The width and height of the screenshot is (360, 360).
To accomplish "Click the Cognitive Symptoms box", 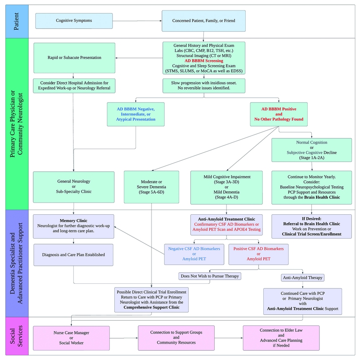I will click(74, 21).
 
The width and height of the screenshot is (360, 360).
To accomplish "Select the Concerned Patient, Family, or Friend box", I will click(203, 21).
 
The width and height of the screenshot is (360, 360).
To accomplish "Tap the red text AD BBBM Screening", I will click(203, 61).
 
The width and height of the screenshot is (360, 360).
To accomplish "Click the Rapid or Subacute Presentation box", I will click(74, 58).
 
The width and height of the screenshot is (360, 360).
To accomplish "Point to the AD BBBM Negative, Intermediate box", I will click(136, 114).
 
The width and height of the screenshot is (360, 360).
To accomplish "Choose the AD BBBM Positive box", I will click(279, 114).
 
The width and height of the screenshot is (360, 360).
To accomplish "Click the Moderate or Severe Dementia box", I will click(152, 187).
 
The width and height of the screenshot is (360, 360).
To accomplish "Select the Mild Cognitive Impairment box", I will click(226, 187).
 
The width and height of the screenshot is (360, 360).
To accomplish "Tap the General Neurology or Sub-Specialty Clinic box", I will click(74, 187).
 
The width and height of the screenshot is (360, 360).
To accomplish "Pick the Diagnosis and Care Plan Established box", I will click(74, 255).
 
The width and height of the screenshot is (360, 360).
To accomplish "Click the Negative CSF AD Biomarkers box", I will click(194, 254).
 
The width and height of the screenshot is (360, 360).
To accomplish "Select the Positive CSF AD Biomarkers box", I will click(258, 254).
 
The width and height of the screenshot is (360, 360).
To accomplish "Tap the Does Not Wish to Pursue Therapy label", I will click(210, 276).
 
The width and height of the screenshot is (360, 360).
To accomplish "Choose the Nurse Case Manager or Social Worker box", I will click(71, 338).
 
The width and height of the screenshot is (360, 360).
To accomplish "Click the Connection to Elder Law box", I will click(281, 338).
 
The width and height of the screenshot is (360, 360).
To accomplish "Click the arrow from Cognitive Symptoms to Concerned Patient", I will click(137, 21).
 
